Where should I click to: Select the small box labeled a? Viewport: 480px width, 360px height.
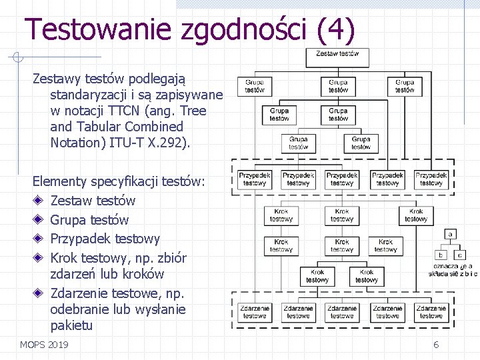pyautogui.click(x=451, y=234)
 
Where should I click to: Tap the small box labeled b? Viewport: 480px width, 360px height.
pyautogui.click(x=441, y=255)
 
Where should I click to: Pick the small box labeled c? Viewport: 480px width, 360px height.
pyautogui.click(x=460, y=255)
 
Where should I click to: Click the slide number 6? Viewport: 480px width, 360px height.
pyautogui.click(x=436, y=345)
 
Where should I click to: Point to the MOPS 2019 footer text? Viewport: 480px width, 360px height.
pyautogui.click(x=44, y=345)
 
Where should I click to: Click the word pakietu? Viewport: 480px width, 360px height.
pyautogui.click(x=71, y=326)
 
